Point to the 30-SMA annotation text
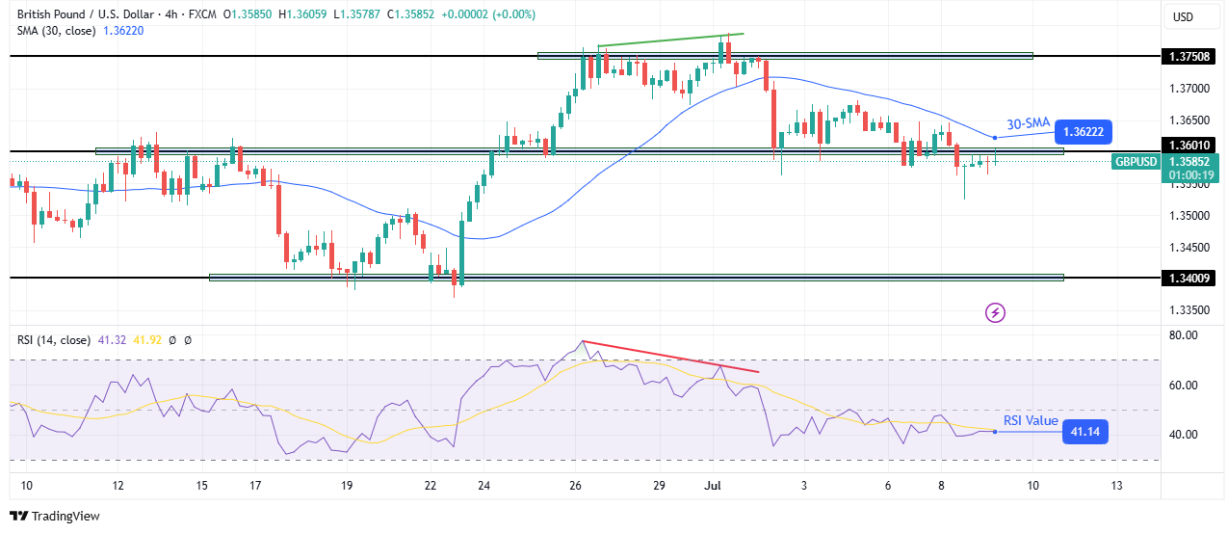pos(1027,123)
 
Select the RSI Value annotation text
pos(1031,420)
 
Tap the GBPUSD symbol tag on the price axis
pos(1135,162)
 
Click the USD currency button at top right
pos(1182,16)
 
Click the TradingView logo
pos(55,516)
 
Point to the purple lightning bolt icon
pos(996,312)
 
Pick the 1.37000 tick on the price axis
pos(1184,89)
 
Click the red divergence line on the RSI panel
pos(670,357)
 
